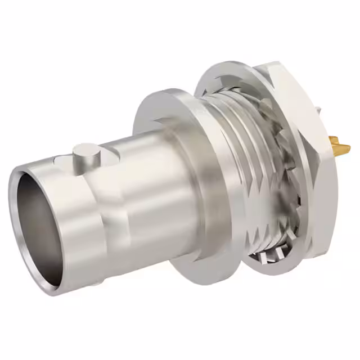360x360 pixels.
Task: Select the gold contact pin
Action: tap(337, 147)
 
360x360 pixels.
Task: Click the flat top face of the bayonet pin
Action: tap(85, 148)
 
